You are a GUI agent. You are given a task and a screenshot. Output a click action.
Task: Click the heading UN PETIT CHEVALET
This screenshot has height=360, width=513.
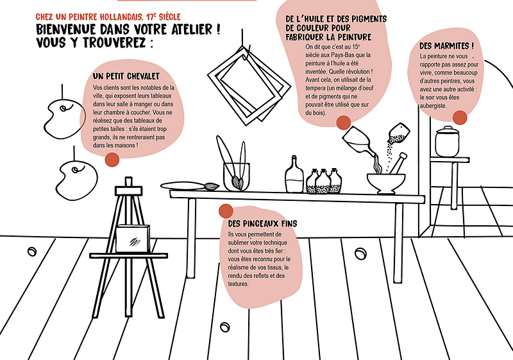pos(126,76)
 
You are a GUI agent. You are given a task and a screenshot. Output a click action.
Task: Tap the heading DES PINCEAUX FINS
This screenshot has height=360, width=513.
pos(262,223)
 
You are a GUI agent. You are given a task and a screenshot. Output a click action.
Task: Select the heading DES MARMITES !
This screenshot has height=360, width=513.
pos(446,46)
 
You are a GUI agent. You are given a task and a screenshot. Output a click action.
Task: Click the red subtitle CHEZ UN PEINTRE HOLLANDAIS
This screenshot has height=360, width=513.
pos(89,17)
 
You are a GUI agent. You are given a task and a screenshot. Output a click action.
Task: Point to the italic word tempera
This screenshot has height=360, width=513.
pos(315,88)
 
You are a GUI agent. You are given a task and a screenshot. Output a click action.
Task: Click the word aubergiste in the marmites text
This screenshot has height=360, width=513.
pos(433,106)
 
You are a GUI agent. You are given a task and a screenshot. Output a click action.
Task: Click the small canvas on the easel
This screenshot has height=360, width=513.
pos(133,239)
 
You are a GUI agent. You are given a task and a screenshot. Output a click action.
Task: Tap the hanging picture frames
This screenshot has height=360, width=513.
pos(249,86)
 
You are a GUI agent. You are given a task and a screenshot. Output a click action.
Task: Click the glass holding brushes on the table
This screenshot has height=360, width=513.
pos(236,176)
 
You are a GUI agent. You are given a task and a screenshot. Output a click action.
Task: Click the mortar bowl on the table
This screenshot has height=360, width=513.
pos(386,184)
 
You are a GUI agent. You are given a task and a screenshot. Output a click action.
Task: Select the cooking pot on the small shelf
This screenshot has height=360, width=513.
pos(447,142)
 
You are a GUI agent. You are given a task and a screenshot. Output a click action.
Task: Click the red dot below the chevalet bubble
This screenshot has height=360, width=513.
pos(112,160)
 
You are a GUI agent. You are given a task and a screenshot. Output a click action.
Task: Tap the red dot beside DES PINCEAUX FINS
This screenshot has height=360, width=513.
pos(226,211)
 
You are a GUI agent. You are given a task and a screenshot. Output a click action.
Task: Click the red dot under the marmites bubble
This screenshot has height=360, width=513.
pos(460,117)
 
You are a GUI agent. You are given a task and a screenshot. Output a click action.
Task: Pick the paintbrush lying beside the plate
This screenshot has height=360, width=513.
pos(211,187)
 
